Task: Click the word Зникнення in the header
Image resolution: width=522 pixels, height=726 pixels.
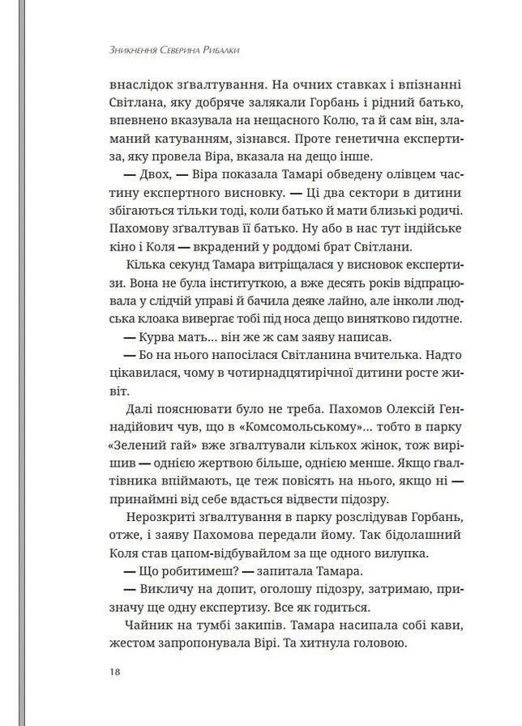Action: [x=123, y=49]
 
